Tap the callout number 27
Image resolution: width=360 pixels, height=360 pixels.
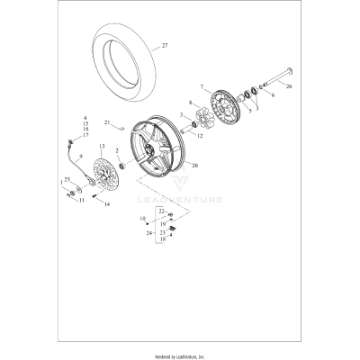(164, 44)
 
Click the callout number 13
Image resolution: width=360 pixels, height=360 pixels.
(102, 145)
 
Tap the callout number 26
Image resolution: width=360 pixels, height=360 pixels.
(290, 87)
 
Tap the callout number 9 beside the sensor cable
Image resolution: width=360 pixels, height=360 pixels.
(79, 157)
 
